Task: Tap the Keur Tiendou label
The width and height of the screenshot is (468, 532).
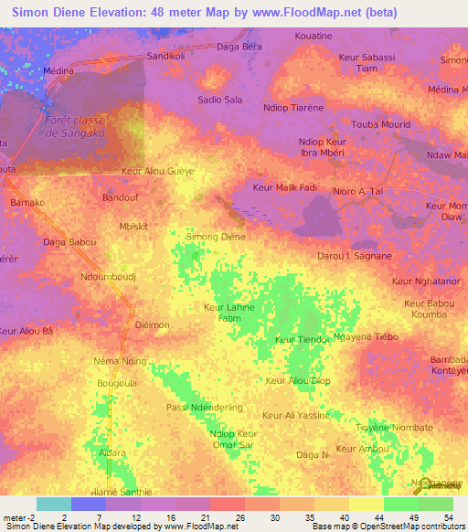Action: click(302, 340)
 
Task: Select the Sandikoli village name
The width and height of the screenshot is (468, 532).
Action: click(166, 56)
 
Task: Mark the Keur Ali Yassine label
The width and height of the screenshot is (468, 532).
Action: click(295, 415)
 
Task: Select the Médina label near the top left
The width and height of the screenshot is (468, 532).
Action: click(58, 70)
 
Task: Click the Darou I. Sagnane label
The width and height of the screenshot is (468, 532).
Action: click(354, 258)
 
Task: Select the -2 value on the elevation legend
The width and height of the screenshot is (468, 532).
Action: click(27, 516)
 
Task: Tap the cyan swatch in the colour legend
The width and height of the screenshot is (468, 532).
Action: click(53, 504)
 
